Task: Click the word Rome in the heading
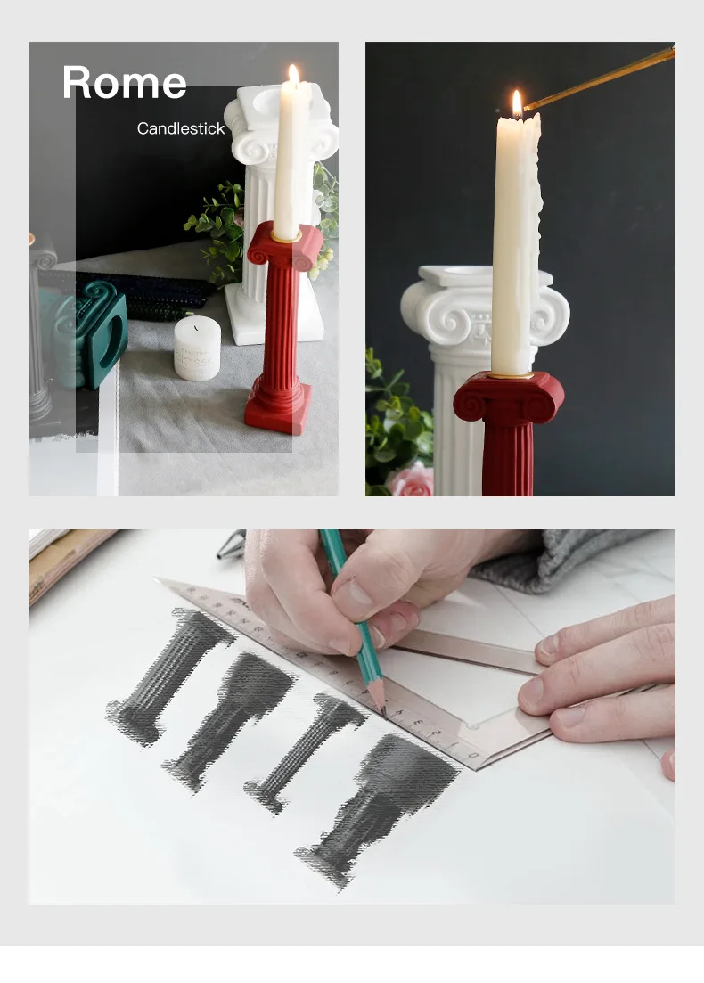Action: coord(125,82)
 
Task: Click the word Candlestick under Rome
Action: coord(181,128)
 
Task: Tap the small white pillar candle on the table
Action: coord(198,348)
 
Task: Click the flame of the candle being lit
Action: coord(517,103)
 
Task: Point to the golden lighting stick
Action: coord(600,78)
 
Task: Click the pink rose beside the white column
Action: coord(410,480)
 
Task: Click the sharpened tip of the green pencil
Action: coord(383,711)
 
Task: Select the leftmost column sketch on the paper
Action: coord(169,677)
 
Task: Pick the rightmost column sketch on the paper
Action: coord(377,808)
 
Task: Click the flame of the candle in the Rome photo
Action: coord(293,75)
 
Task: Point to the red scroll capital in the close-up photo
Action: coord(509,397)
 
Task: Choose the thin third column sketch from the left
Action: coord(305,752)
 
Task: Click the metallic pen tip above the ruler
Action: coord(231,546)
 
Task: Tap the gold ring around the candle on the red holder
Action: coord(286,237)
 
